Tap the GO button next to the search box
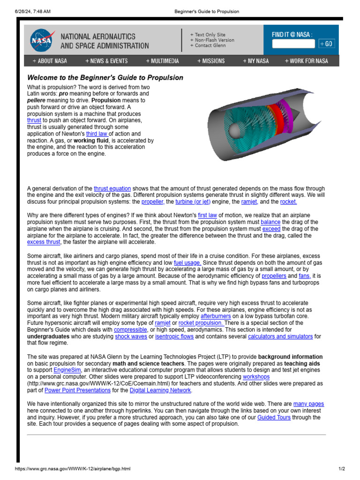click(327, 44)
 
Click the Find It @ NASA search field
click(293, 44)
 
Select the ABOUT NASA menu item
click(50, 61)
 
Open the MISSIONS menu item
click(211, 61)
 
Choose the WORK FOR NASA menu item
click(307, 61)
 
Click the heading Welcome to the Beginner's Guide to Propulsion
click(105, 78)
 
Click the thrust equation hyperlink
click(112, 188)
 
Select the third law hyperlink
click(97, 134)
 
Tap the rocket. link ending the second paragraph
click(288, 202)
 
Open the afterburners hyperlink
click(216, 316)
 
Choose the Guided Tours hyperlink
click(274, 417)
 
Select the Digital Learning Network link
click(160, 390)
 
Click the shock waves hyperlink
click(131, 337)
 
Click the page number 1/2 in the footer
click(341, 469)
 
